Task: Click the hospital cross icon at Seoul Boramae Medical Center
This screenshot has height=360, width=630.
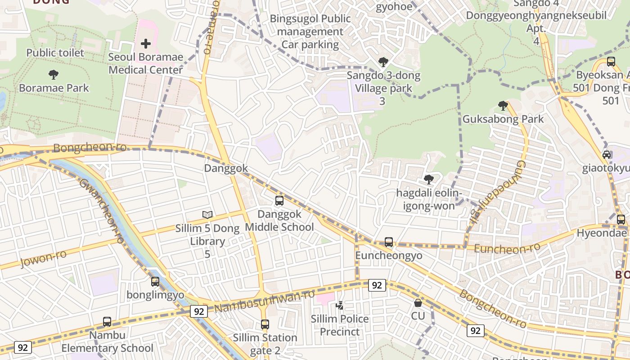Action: [x=146, y=44]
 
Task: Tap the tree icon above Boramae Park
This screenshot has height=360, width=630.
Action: [x=54, y=74]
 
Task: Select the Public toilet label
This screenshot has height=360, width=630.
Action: [x=55, y=53]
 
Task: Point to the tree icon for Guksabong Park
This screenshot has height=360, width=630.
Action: [x=503, y=106]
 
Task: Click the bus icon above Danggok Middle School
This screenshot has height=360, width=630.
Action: [x=279, y=201]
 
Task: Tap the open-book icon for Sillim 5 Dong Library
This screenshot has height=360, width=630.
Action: [x=207, y=215]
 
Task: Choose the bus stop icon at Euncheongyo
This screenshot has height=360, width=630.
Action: [x=389, y=242]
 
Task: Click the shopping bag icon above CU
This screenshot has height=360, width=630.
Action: [x=418, y=303]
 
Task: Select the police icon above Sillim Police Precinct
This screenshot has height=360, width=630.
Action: [x=340, y=306]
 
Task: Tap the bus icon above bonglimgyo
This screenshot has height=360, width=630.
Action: [x=155, y=282]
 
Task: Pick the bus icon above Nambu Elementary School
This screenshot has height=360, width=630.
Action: [x=107, y=322]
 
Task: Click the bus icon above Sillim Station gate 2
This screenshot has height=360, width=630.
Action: [x=265, y=324]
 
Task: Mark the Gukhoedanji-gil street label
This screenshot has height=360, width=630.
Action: [x=495, y=192]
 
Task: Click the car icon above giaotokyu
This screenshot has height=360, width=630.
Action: [x=607, y=155]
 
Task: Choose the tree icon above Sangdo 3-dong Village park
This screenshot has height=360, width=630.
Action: [x=383, y=62]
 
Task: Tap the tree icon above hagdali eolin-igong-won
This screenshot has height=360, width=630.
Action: [x=429, y=180]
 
